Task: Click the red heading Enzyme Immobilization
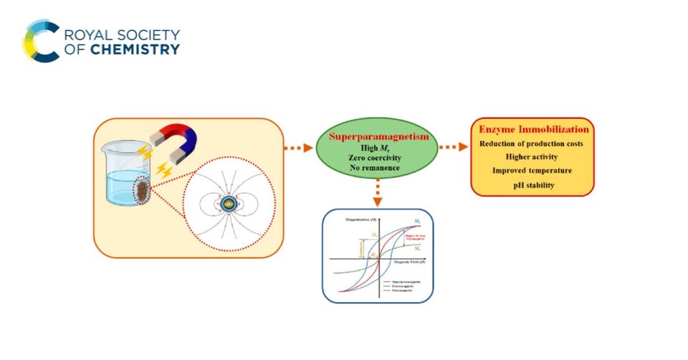532,130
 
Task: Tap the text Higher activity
532,158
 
